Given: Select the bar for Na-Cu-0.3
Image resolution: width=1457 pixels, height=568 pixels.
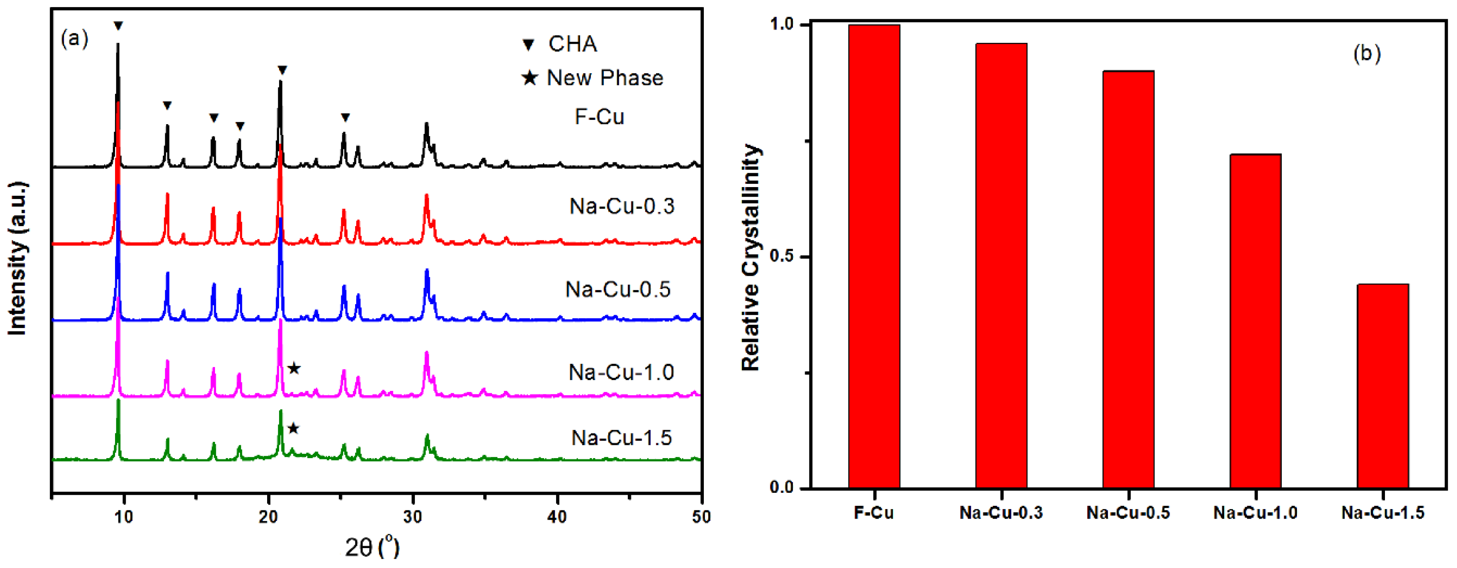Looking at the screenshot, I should (x=1001, y=266).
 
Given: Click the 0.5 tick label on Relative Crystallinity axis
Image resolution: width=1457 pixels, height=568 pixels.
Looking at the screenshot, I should (x=782, y=256).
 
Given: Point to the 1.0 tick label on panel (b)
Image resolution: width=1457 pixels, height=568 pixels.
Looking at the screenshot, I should (x=782, y=24).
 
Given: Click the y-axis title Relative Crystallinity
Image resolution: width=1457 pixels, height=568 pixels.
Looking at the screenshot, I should (x=751, y=258).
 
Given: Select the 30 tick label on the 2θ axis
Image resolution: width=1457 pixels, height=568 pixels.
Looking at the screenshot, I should (x=413, y=517).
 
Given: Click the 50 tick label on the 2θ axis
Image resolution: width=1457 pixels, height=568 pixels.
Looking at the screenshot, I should (x=701, y=517).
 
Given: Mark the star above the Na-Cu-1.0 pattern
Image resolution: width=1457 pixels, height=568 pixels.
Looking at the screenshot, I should (x=293, y=368).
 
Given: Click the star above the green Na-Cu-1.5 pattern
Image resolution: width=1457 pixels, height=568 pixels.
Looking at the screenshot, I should (x=293, y=428).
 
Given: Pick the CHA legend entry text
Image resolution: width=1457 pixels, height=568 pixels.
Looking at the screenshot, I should (x=572, y=43).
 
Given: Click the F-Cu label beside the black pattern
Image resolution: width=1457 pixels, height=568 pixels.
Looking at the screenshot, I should (x=599, y=117).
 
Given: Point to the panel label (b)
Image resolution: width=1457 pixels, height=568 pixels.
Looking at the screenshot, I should (x=1367, y=53).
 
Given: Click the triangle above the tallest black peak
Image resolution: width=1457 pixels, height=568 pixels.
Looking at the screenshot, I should (x=118, y=25).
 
